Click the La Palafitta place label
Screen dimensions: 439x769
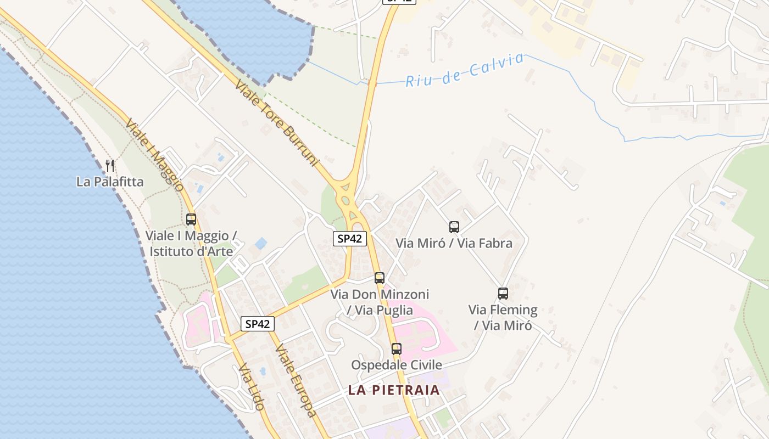(x=110, y=182)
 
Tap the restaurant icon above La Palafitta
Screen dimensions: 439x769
(x=110, y=165)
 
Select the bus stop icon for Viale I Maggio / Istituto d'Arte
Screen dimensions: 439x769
(x=191, y=219)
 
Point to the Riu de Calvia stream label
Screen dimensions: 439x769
(x=465, y=71)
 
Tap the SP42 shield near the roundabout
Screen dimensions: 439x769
(x=350, y=239)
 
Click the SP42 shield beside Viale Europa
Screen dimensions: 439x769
(x=258, y=324)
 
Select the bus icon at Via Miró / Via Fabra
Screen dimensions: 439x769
(x=454, y=227)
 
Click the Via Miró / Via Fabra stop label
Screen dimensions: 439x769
(x=454, y=243)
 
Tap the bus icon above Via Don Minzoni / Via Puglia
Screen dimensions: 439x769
(x=380, y=278)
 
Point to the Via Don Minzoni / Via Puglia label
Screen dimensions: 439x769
(x=380, y=302)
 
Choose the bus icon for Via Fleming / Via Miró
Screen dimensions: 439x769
(x=503, y=294)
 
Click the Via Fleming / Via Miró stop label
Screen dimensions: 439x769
(x=503, y=318)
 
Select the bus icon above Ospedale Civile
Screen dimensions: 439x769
(x=397, y=348)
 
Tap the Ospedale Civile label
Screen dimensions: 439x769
(x=397, y=365)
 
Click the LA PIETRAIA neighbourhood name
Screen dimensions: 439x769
(x=394, y=390)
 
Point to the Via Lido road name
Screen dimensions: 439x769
(x=252, y=387)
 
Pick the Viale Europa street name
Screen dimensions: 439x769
(x=296, y=380)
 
